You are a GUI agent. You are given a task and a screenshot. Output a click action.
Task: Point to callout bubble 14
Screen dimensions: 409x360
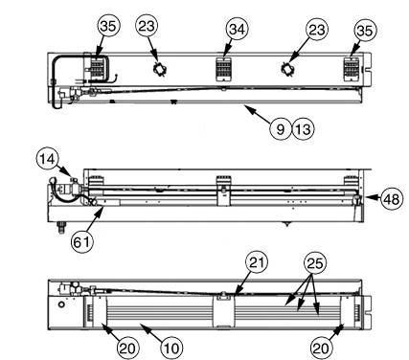click(48, 157)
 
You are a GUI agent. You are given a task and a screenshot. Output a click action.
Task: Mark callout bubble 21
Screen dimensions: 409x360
click(256, 262)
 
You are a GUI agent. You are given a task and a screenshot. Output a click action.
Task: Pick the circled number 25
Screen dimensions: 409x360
click(314, 262)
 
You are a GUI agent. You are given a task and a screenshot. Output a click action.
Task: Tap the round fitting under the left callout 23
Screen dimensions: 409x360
click(159, 69)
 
